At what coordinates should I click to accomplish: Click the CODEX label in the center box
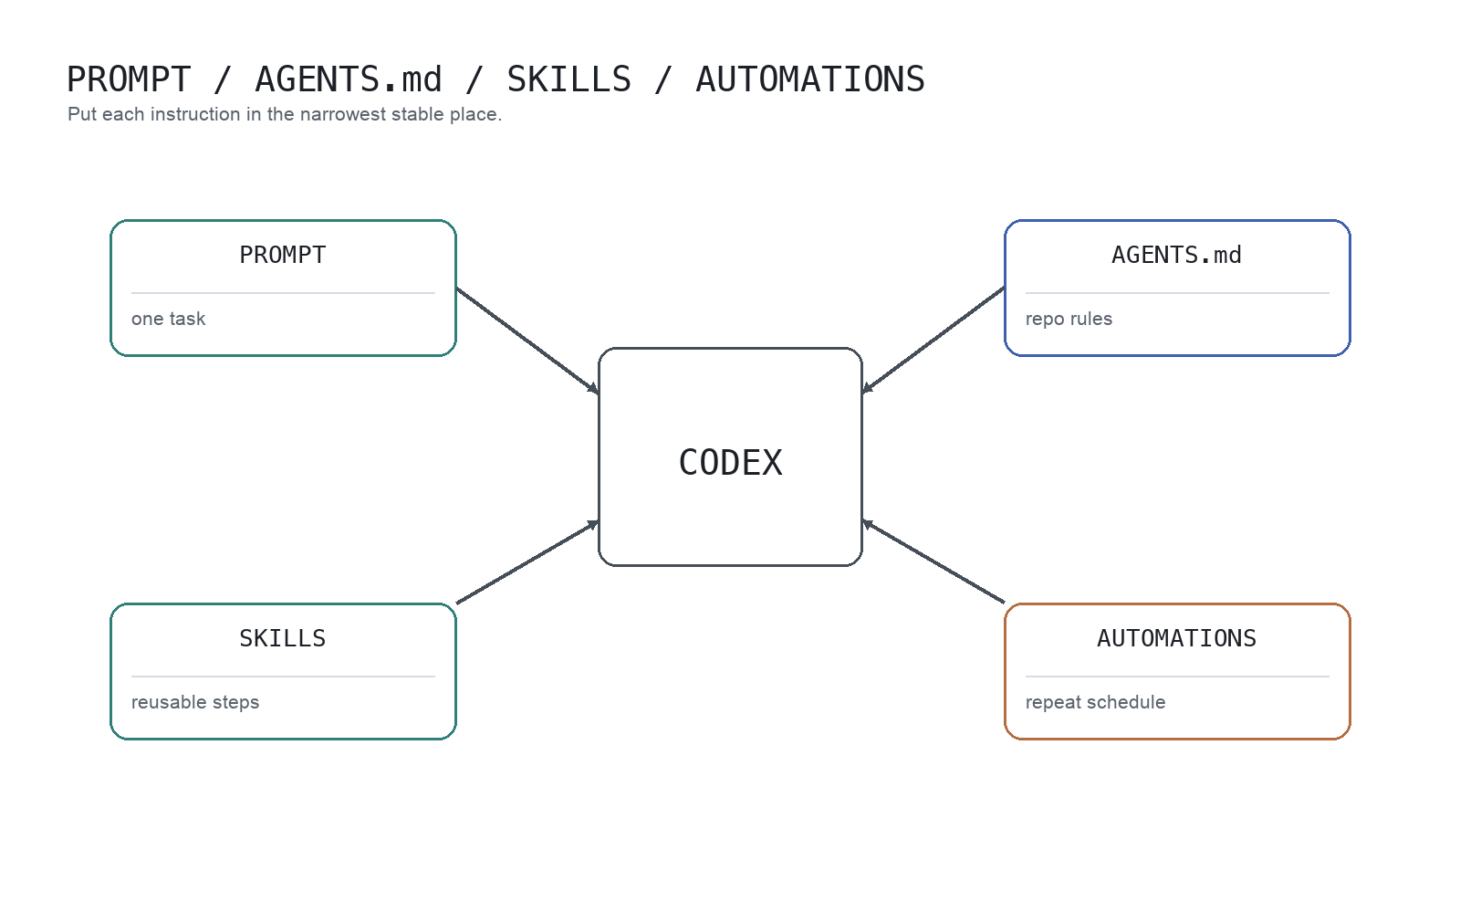[730, 463]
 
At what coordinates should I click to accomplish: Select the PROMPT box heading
[283, 256]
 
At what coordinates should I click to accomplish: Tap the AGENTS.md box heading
[1176, 256]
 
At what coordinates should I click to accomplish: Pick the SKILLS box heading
[283, 639]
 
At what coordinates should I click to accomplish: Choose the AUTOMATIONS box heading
[1176, 639]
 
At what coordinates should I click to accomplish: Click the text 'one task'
[169, 319]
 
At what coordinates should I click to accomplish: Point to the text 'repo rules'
[1069, 319]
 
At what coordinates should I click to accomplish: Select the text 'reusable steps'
[195, 702]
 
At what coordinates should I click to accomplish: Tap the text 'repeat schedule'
[1095, 702]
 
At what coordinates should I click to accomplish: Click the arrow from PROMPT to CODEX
[527, 341]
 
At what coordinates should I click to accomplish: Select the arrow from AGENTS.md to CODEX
[933, 341]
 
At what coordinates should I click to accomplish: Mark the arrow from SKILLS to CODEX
[527, 562]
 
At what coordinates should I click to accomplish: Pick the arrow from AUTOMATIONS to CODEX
[933, 562]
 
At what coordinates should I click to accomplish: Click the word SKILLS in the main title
[568, 80]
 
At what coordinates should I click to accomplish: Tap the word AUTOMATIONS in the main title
[810, 80]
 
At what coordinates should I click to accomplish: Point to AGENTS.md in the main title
[349, 80]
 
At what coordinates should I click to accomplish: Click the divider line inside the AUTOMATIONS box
[1177, 677]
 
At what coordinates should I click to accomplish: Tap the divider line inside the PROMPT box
[283, 293]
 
